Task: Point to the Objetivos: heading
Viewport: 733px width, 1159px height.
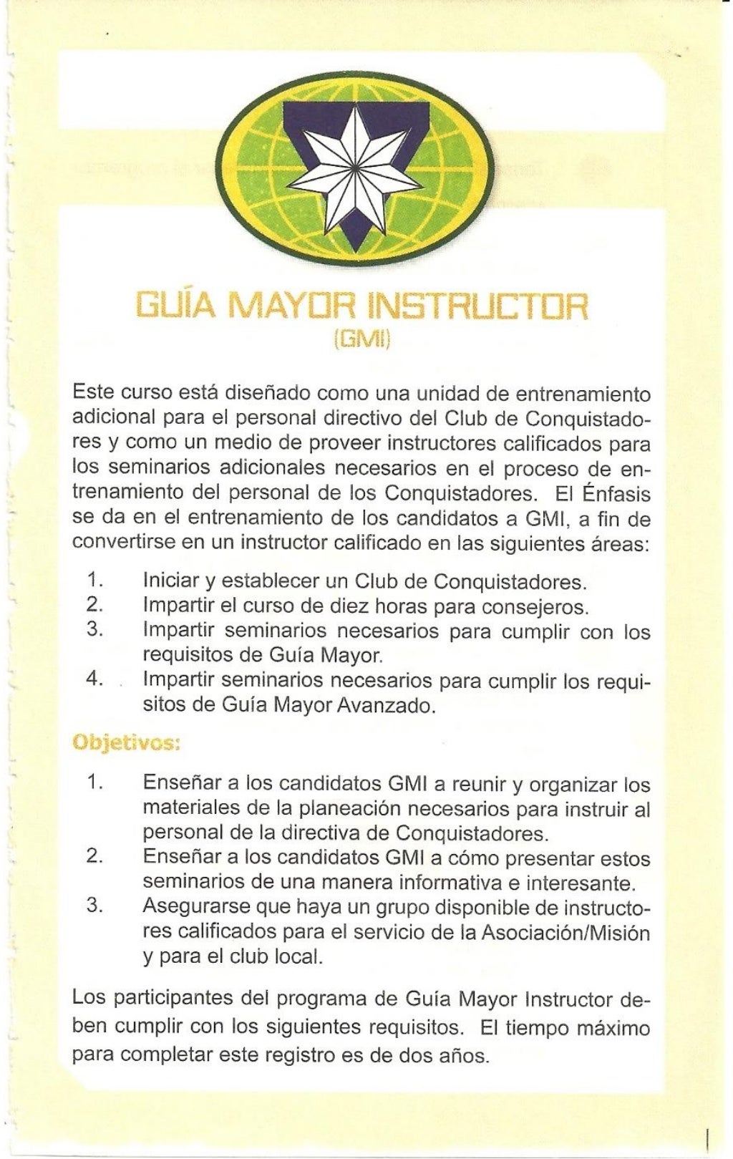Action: click(126, 743)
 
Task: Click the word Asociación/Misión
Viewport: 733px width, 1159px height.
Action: click(565, 933)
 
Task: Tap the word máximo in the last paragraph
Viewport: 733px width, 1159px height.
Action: click(613, 1029)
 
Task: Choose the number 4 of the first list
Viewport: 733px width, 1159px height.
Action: click(94, 679)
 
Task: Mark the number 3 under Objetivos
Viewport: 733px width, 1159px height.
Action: click(94, 905)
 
